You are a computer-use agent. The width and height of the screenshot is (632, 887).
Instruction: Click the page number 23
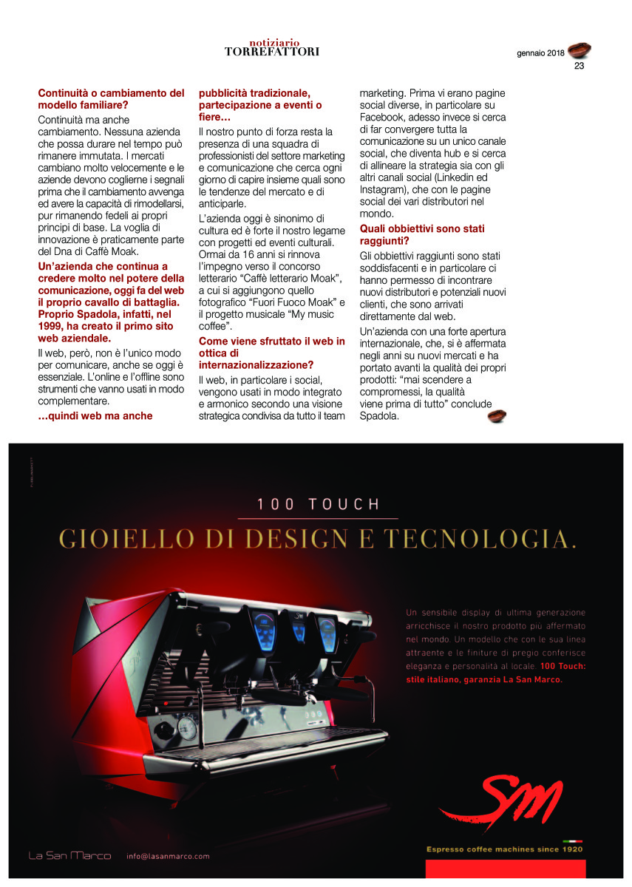[x=579, y=65]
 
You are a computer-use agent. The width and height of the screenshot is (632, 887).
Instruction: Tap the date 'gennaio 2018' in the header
[x=540, y=53]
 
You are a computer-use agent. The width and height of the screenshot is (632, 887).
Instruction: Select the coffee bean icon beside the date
[x=580, y=50]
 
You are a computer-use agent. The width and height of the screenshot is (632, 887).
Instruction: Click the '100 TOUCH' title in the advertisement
[x=318, y=505]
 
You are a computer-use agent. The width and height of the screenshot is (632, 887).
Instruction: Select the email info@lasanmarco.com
[x=168, y=856]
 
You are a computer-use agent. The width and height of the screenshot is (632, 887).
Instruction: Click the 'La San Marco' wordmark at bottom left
[x=69, y=856]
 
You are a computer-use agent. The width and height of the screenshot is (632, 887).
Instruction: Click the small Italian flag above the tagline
[x=572, y=841]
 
